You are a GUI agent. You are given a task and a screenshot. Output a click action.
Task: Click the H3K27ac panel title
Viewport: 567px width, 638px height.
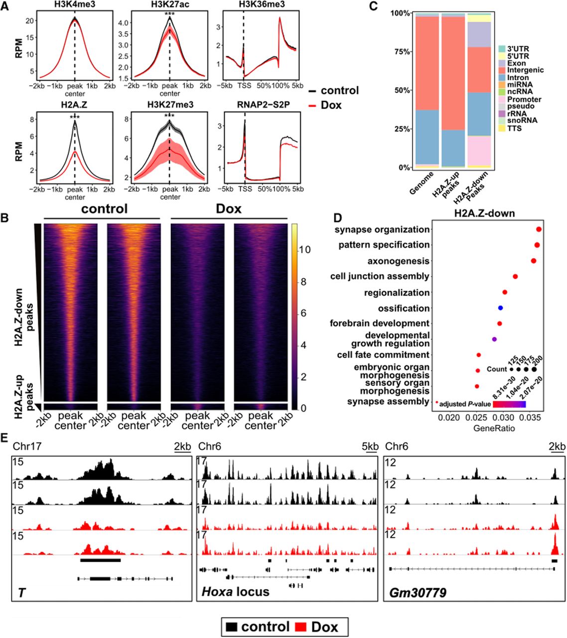point(170,4)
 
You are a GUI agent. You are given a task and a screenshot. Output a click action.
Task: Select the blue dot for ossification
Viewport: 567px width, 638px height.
point(501,308)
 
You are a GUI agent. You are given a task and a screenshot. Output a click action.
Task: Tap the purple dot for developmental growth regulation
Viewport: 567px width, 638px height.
point(494,339)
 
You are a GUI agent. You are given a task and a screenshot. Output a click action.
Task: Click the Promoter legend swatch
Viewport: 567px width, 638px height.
point(502,99)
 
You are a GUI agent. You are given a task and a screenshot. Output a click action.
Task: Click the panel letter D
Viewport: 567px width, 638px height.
point(337,218)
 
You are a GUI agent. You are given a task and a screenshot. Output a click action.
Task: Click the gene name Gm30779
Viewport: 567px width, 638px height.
point(418,593)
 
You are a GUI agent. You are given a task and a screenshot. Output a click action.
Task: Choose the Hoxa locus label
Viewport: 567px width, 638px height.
point(236,592)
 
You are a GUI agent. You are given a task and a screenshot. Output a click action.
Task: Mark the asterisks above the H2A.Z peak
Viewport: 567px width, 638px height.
point(75,118)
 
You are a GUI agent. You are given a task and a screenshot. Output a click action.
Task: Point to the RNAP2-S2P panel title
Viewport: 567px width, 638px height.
point(263,105)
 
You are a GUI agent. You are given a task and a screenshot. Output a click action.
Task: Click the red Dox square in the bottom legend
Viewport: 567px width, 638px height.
point(300,627)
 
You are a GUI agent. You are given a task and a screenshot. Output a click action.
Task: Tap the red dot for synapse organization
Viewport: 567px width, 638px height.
point(539,230)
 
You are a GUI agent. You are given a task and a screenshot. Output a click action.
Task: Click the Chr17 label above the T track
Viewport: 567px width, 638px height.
point(27,446)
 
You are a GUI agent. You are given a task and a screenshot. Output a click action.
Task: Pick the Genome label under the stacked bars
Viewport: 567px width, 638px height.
point(422,182)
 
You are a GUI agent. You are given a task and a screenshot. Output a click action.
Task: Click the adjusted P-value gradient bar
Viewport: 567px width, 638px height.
point(509,404)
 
